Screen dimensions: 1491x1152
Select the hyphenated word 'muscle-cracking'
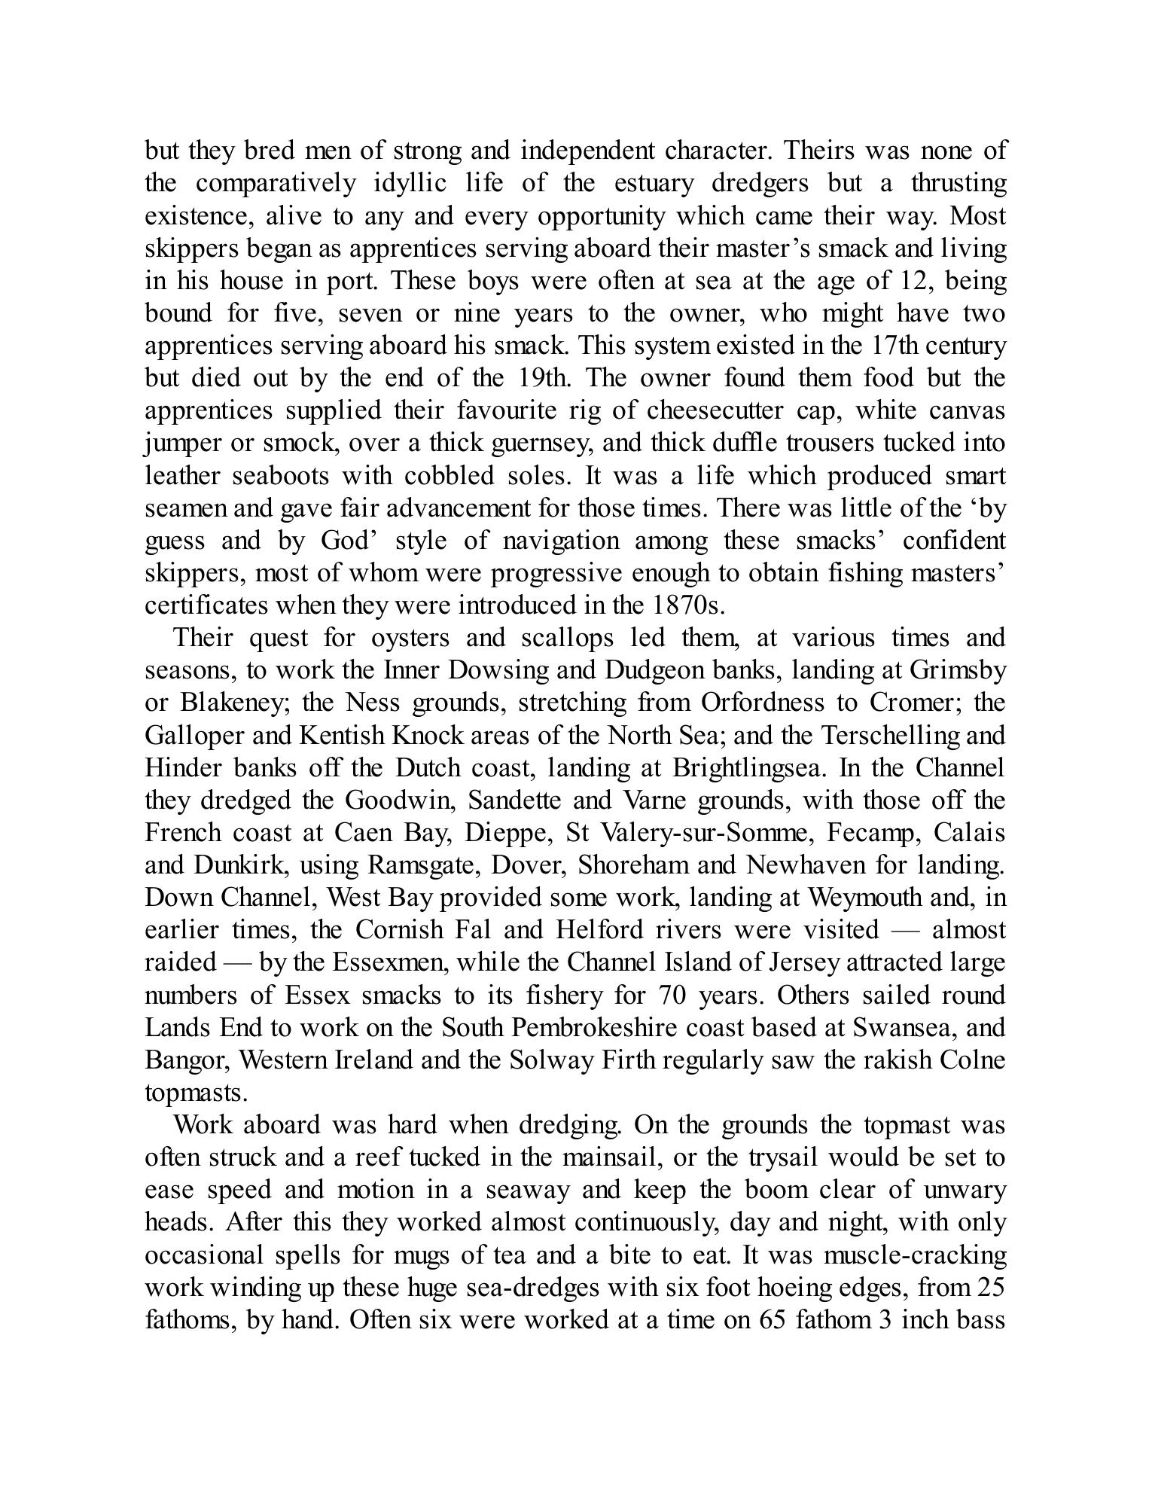pos(915,1255)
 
